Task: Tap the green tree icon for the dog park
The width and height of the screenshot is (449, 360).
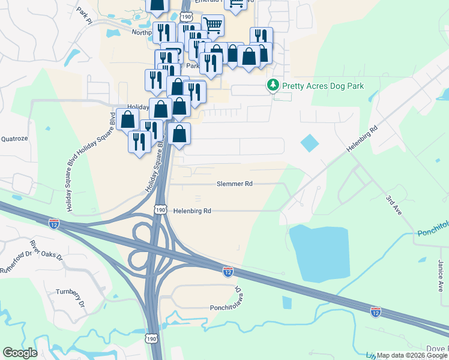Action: click(273, 85)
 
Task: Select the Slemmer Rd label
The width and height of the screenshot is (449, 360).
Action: click(235, 185)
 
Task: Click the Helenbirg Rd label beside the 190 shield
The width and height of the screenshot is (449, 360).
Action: click(193, 211)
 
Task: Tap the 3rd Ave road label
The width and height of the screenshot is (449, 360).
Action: click(394, 204)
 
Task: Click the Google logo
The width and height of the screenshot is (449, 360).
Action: click(20, 352)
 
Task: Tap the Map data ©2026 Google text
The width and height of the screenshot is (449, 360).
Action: click(412, 355)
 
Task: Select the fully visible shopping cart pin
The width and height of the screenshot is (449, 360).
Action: click(212, 26)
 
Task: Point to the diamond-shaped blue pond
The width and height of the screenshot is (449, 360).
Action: click(310, 143)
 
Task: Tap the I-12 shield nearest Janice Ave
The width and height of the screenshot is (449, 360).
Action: click(375, 311)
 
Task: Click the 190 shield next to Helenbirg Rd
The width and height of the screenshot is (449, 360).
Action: click(160, 209)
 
